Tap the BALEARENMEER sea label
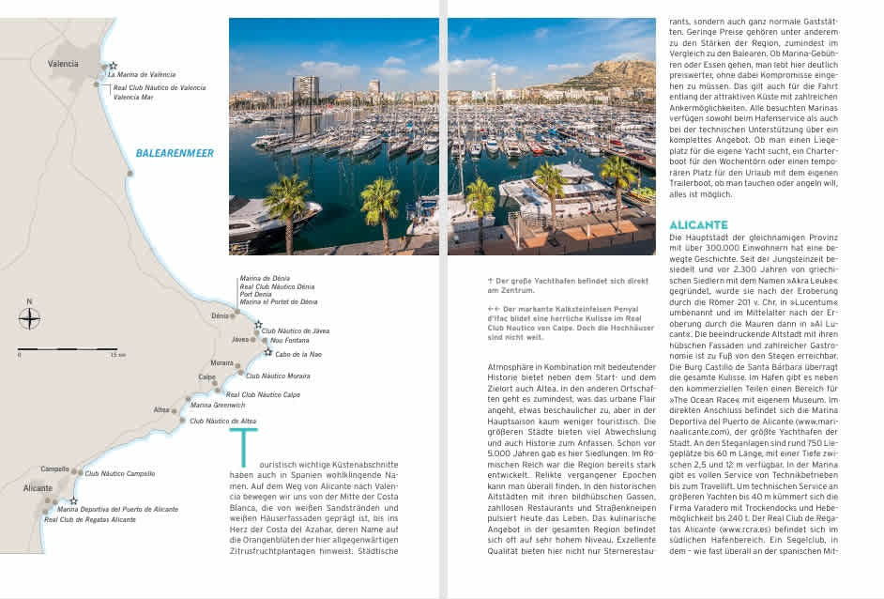point(175,153)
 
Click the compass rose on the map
point(29,318)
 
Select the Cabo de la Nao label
point(298,354)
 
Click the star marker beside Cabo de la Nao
point(267,353)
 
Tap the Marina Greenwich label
point(217,405)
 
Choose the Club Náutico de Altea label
point(222,422)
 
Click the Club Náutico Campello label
point(119,474)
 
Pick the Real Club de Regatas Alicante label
point(90,519)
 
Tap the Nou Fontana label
point(289,341)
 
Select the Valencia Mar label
point(135,97)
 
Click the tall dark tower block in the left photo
point(305,90)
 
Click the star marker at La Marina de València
point(103,67)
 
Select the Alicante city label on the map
point(38,489)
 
